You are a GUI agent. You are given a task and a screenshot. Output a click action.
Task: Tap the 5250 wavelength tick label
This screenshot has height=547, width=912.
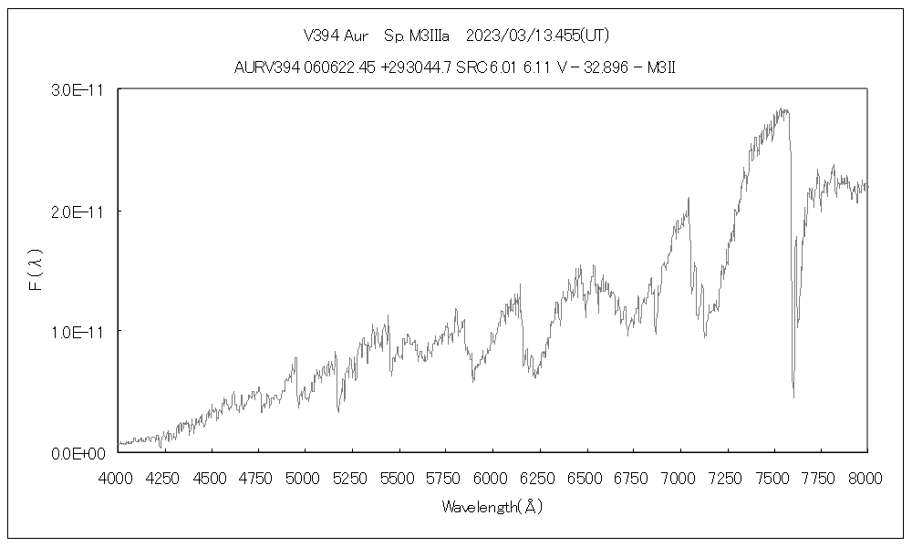352,476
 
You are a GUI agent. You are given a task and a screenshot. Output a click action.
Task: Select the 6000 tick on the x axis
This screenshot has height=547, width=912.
492,476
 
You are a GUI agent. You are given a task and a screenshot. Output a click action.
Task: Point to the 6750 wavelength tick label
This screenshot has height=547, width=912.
633,476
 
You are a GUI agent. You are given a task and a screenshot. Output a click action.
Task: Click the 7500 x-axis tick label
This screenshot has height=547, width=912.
773,476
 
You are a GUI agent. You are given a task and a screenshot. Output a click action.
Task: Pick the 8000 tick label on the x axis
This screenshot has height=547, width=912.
866,476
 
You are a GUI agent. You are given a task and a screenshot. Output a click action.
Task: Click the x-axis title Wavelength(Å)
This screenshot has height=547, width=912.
492,506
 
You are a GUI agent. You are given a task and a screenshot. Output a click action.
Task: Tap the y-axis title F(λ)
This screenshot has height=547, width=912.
36,272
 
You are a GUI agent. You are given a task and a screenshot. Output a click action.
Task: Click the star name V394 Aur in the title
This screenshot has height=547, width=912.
336,36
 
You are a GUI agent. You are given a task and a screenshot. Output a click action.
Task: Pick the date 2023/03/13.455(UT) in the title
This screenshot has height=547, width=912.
537,36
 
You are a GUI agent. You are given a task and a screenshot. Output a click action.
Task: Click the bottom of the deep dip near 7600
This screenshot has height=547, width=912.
793,397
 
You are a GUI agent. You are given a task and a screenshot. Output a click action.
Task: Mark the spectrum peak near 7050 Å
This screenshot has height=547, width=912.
689,198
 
